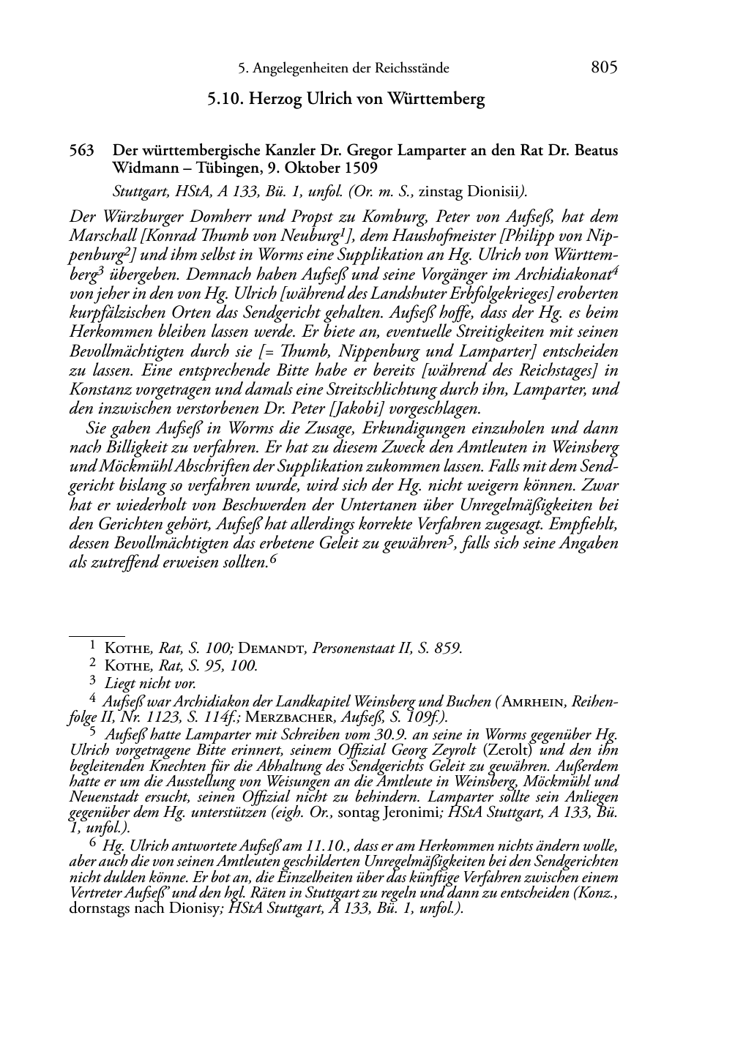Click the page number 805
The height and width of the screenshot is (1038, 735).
pos(604,67)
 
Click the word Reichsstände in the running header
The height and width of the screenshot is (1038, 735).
pos(410,69)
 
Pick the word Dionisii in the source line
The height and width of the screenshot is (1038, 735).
pos(493,192)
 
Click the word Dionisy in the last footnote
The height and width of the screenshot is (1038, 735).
pos(194,908)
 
